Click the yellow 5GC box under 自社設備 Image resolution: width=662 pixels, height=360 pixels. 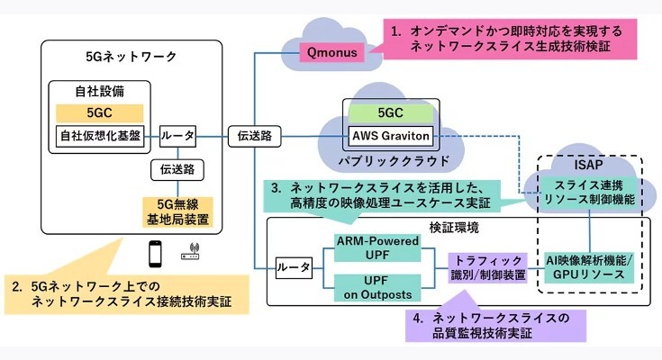[99, 113]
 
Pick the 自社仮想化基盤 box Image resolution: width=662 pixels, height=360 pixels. [99, 137]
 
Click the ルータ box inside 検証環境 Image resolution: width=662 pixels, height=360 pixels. [294, 267]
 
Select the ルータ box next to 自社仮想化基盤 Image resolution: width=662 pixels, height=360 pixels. [177, 137]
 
